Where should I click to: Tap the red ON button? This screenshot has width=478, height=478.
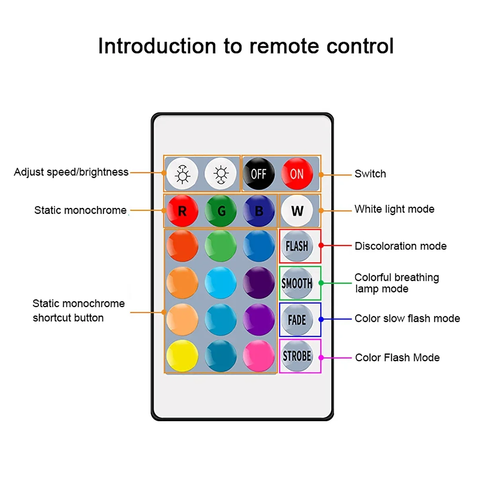[x=297, y=174]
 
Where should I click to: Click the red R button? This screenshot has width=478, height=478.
[x=182, y=211]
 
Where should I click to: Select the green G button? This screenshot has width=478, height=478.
[x=221, y=211]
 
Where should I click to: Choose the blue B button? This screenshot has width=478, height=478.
[x=259, y=211]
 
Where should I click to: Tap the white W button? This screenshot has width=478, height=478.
[x=297, y=211]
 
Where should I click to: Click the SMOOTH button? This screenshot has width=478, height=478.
[x=297, y=283]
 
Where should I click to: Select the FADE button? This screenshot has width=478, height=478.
[x=297, y=320]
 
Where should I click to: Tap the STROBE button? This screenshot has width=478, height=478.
[x=297, y=356]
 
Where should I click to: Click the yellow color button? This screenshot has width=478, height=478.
[x=182, y=356]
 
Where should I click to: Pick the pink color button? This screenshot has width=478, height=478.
[x=259, y=356]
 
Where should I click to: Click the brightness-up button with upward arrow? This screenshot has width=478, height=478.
[x=182, y=174]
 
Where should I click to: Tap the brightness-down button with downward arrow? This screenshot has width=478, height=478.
[x=221, y=174]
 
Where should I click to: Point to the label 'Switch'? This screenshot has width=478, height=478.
[x=370, y=174]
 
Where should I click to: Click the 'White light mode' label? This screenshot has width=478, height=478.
[x=394, y=209]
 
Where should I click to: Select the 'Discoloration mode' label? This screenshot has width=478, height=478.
[x=401, y=246]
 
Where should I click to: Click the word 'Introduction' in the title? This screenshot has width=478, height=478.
[x=157, y=46]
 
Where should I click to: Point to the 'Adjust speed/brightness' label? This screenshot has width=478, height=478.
[x=71, y=172]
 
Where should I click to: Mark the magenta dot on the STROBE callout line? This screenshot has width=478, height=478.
[x=321, y=357]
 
